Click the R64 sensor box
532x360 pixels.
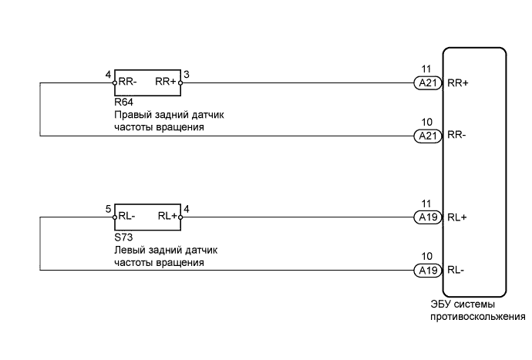pyautogui.click(x=146, y=82)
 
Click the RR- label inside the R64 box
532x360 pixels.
pyautogui.click(x=128, y=82)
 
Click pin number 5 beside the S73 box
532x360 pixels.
pyautogui.click(x=109, y=209)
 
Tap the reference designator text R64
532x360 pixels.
pyautogui.click(x=123, y=101)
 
